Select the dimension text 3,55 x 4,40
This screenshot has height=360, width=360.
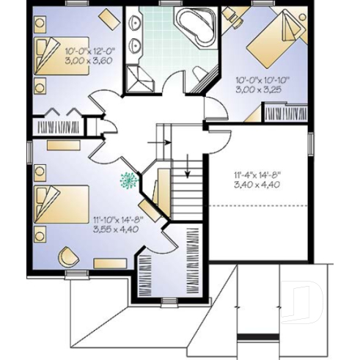point(117,228)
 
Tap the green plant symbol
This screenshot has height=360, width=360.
point(129,180)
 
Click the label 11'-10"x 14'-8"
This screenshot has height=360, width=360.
point(117,218)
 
